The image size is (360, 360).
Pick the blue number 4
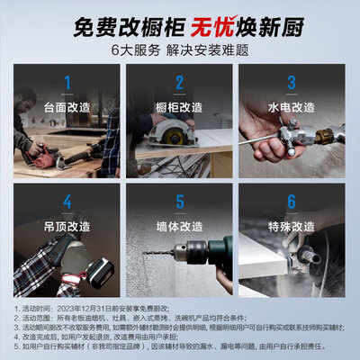67,203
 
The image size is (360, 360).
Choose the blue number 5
179,203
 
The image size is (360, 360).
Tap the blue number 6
292,203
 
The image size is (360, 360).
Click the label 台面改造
67,108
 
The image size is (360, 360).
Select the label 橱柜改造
179,108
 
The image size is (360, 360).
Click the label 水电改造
292,108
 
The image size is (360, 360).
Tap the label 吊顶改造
67,225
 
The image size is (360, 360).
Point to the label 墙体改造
179,225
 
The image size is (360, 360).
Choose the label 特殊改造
292,225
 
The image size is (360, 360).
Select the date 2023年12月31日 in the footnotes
99,308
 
